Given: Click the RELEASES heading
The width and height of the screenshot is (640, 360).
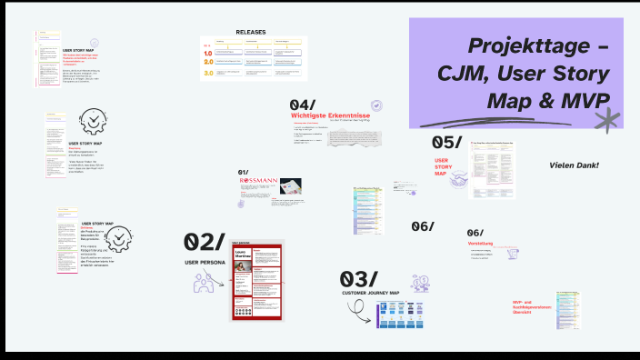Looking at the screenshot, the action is coord(251,32).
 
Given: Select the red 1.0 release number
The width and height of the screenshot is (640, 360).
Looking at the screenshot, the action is coord(208,53).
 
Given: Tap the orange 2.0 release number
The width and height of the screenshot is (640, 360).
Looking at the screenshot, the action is coord(208,62).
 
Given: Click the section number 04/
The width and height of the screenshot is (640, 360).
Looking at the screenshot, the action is coord(303,105).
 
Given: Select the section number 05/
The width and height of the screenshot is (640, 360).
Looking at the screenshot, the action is coord(447,142).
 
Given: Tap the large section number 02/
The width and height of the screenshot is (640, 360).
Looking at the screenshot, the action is coord(203,241).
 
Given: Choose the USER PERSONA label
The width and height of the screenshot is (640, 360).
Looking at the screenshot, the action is coord(205,263).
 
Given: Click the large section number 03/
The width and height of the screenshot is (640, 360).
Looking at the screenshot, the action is coord(358,278).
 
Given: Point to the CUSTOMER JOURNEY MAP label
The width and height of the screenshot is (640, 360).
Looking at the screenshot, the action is coord(371,293).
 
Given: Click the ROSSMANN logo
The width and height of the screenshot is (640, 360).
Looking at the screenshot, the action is coord(258,181).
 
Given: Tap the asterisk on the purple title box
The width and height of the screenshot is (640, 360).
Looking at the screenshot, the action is coord(606,120).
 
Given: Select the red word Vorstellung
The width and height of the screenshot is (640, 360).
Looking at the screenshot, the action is coord(480,244).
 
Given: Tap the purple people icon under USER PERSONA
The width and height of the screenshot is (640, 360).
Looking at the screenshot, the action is coord(204,283).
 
